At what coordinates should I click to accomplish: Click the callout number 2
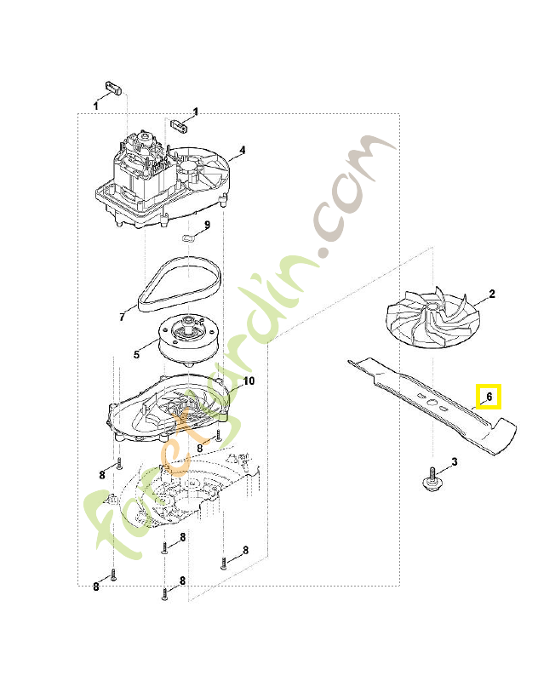[492, 294]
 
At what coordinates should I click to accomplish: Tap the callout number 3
[455, 461]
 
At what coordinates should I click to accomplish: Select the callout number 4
[243, 151]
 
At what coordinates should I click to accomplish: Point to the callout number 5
[136, 354]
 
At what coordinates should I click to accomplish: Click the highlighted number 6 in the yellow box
[489, 397]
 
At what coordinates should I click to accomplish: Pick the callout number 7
[122, 317]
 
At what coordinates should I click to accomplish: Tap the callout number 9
[207, 225]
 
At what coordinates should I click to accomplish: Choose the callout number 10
[249, 381]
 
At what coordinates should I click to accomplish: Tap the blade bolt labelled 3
[432, 479]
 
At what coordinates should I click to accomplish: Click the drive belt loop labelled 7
[179, 285]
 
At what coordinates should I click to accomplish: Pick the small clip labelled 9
[187, 237]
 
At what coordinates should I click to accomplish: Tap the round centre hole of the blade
[432, 402]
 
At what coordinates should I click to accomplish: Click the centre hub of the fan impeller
[433, 306]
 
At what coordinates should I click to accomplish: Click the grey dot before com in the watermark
[323, 253]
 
